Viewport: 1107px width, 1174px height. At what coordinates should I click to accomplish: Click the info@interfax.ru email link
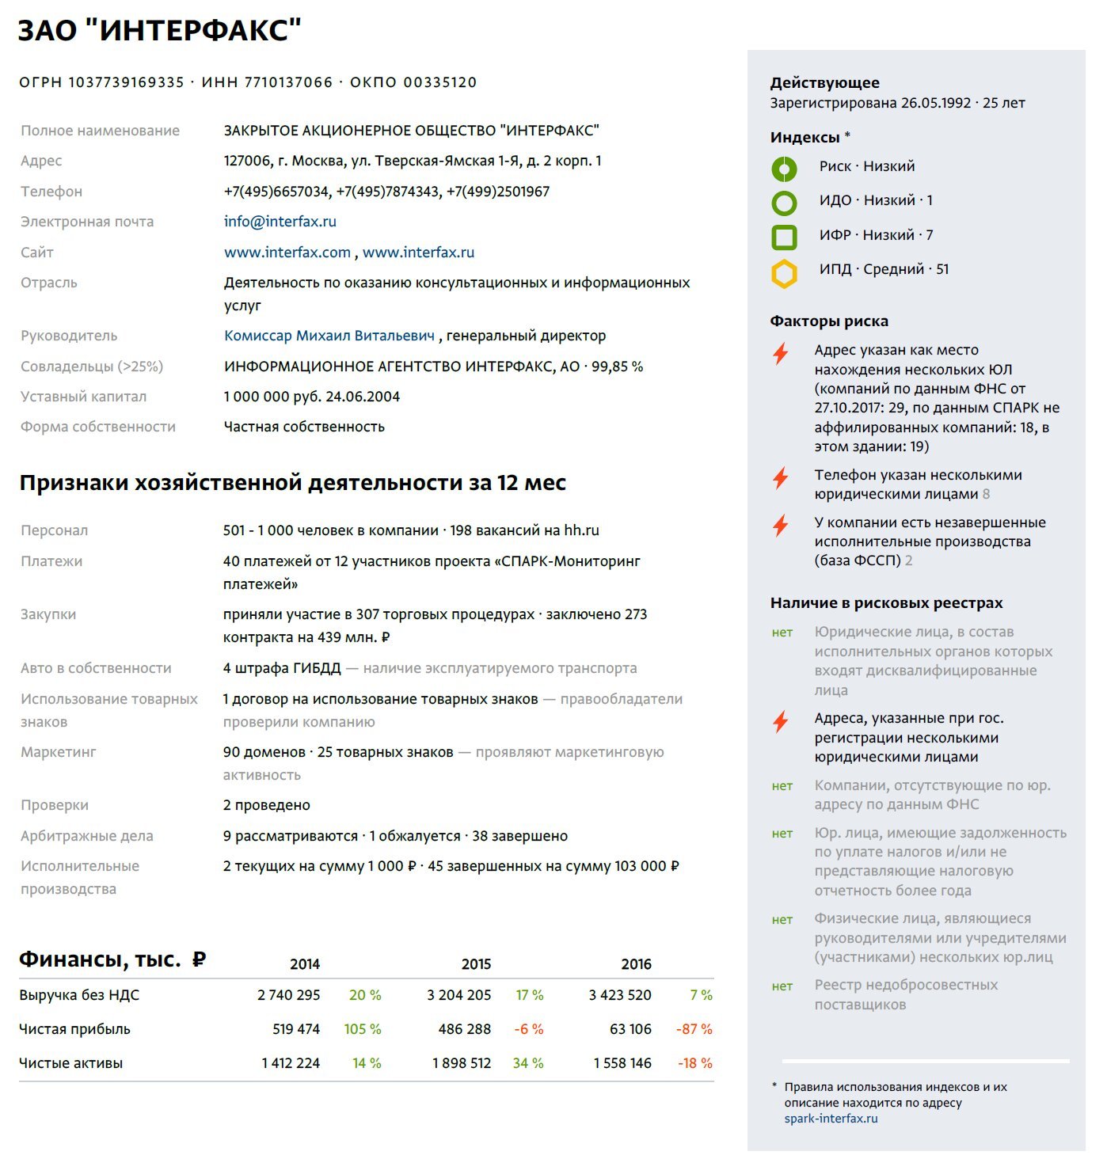pos(280,222)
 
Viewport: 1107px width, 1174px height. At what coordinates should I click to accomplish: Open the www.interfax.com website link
pos(287,253)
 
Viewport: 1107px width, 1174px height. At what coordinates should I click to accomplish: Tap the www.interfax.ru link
pos(418,253)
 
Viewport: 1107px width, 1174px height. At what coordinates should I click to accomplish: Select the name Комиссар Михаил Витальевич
pos(329,336)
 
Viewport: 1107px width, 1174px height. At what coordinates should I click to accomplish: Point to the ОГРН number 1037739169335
pos(126,82)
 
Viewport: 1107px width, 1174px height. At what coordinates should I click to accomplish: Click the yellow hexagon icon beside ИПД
pos(784,273)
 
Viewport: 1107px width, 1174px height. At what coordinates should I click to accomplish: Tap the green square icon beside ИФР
pos(784,237)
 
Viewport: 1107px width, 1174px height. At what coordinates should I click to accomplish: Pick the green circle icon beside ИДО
pos(784,203)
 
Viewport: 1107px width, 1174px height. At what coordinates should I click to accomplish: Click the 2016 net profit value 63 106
pos(630,1029)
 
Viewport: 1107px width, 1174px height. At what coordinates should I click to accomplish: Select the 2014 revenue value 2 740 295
pos(288,995)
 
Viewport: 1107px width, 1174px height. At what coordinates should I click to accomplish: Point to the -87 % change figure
pos(694,1029)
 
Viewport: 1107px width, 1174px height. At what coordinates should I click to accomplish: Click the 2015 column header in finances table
pos(476,964)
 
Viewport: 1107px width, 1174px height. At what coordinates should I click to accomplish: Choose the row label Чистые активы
pos(70,1063)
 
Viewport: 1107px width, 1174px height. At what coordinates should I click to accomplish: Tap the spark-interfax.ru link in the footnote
pos(831,1119)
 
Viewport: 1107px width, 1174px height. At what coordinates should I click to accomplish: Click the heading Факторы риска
pos(829,321)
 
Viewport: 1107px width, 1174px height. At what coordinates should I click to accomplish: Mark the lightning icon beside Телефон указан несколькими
pos(781,478)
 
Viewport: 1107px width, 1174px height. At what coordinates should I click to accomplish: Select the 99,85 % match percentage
pos(617,367)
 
